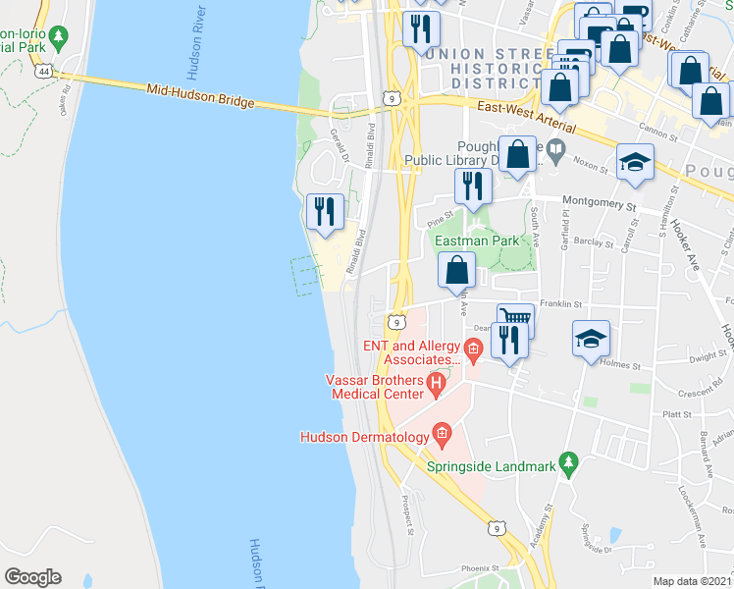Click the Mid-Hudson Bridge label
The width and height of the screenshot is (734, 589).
[200, 95]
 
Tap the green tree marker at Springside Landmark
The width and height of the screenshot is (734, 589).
[567, 461]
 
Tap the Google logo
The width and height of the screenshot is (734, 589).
[32, 577]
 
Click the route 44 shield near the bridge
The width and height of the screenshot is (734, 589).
[43, 71]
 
